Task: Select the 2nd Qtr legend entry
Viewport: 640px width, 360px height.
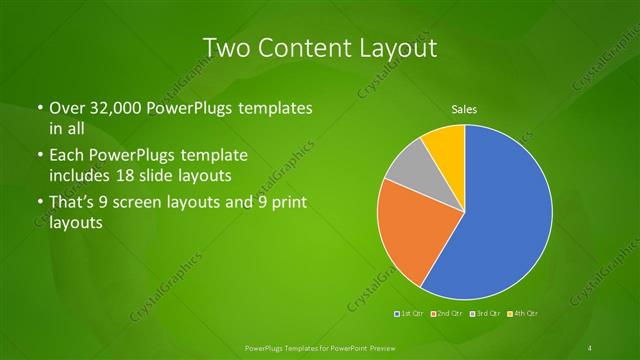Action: (x=447, y=314)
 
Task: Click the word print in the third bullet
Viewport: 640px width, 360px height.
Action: (x=285, y=205)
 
